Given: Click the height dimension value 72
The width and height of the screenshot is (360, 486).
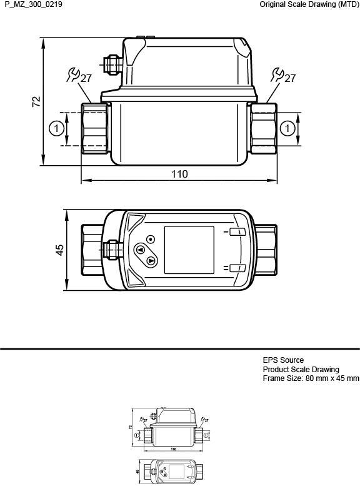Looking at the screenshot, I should [36, 101].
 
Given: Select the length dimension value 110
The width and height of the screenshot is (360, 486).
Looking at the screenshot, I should [179, 174].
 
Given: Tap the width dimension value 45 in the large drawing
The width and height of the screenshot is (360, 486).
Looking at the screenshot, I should [59, 249].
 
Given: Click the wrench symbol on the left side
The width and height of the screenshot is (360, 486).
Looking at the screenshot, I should [72, 76].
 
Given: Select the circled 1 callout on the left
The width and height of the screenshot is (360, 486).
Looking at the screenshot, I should [56, 128].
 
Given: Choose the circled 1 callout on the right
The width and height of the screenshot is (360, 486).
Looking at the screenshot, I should [287, 128].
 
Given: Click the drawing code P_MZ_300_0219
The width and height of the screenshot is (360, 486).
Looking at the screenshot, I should [31, 5].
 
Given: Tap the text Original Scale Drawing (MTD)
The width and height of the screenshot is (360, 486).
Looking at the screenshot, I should [309, 5].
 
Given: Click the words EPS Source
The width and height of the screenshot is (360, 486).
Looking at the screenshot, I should [283, 360].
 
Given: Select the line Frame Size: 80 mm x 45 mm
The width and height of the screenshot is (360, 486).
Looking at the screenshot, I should [311, 378].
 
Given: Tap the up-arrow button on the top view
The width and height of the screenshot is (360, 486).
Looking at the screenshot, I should [139, 250].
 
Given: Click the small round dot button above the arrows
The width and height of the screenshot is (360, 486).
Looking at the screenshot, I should [151, 239].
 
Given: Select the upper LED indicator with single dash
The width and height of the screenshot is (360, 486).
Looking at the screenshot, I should [237, 232].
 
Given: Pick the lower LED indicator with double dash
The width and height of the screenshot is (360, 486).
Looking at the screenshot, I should [237, 268].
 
